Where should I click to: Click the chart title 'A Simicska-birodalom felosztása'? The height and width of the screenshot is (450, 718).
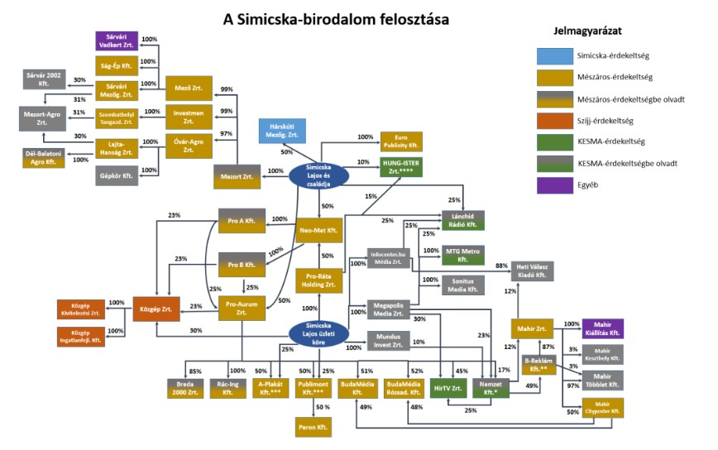tap(336, 19)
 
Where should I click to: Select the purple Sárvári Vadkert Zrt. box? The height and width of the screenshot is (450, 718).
tap(117, 40)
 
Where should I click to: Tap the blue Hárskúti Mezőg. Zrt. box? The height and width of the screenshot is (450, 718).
tap(281, 131)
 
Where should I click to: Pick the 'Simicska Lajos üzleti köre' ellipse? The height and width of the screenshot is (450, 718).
tap(319, 333)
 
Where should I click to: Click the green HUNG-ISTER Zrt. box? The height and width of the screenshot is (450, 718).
tap(401, 166)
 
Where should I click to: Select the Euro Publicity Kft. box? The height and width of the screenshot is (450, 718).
tap(401, 141)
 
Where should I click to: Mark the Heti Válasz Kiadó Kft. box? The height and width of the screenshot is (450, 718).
tap(534, 270)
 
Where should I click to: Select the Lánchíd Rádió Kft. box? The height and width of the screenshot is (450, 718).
tap(462, 219)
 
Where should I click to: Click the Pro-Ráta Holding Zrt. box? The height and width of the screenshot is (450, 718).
tap(319, 280)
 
